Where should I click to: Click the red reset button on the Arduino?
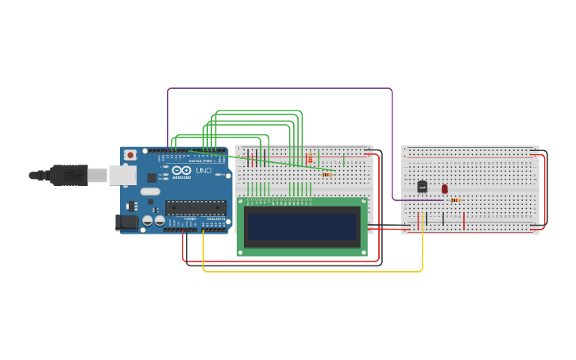coord(130,155)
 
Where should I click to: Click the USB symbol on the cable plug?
coord(70,175)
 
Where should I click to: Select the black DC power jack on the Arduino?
coord(126,223)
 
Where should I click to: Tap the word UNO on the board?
coord(204,171)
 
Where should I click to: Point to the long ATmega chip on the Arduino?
coord(195,208)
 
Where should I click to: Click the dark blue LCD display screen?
coord(302,226)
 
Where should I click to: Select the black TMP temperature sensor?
coord(422,187)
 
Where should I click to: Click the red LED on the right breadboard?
coord(444,189)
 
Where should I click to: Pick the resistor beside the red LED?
coord(454,200)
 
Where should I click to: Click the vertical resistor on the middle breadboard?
coord(310,159)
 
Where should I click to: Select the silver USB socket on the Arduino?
coord(122,175)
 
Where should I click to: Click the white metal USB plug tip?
coord(97,175)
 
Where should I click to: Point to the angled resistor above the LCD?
coord(327,174)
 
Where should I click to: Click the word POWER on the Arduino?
coord(191,219)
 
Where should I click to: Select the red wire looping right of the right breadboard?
coord(545,191)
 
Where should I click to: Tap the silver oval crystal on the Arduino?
coord(150,192)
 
